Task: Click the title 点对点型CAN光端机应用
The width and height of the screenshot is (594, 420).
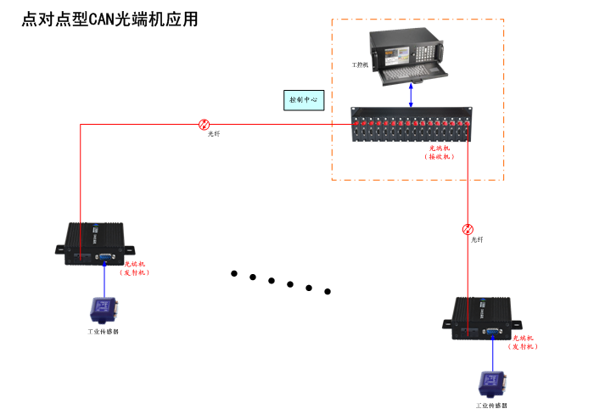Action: (109, 20)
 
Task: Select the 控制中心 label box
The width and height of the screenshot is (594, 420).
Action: (303, 100)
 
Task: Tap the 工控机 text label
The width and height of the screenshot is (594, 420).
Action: (360, 64)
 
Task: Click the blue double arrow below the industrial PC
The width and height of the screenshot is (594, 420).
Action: (412, 94)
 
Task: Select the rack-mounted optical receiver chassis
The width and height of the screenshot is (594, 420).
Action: (412, 125)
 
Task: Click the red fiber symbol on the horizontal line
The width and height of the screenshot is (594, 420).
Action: (204, 124)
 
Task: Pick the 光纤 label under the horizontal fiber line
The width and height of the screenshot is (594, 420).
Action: (214, 135)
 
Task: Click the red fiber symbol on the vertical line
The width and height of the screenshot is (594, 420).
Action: (468, 229)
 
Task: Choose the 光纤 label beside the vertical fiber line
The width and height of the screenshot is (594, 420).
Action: (477, 240)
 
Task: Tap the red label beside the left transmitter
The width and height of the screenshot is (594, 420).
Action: (135, 268)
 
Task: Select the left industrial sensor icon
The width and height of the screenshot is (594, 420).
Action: (103, 309)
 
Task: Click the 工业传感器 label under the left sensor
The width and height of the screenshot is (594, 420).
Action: (103, 332)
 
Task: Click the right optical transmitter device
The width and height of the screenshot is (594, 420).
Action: (480, 318)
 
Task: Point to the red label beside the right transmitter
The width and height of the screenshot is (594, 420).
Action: (523, 343)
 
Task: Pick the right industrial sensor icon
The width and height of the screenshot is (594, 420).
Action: (490, 384)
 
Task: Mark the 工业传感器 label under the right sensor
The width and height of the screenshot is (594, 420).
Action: (491, 406)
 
